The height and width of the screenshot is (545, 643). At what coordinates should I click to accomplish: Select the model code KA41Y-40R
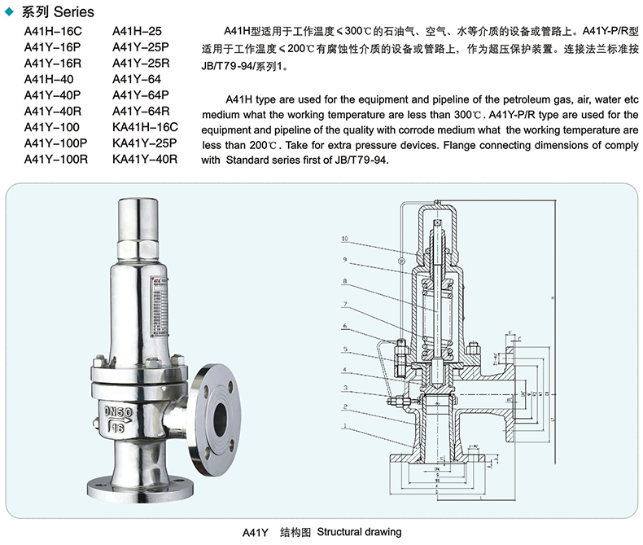coord(145,159)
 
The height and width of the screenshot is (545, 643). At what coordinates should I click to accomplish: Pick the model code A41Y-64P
coord(140,95)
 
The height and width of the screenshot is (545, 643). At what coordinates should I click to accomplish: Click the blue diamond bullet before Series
coord(9,12)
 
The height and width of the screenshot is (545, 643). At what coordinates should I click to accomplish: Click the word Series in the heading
coord(74,12)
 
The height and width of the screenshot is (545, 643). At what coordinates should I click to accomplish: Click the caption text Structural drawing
coord(359,532)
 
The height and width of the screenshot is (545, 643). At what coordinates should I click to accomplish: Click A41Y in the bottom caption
coord(256,533)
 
